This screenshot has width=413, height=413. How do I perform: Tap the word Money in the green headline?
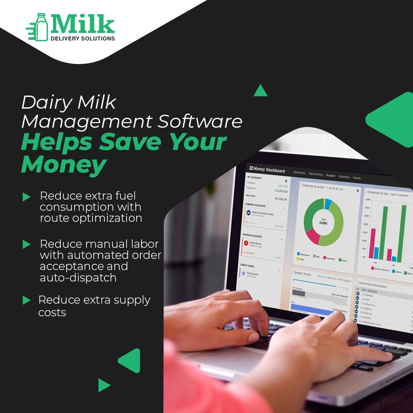[63, 165]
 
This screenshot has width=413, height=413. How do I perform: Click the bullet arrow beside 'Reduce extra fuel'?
[26, 197]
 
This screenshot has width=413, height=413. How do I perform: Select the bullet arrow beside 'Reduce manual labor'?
[26, 244]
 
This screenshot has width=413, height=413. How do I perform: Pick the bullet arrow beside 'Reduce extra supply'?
[26, 300]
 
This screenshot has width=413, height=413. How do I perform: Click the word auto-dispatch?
[78, 278]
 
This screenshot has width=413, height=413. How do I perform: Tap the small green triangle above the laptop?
[260, 91]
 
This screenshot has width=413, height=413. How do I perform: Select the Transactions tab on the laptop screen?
[315, 174]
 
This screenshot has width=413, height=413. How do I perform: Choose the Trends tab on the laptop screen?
[356, 178]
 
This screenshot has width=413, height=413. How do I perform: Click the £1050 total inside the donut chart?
[324, 223]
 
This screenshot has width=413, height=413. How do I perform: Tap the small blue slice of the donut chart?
[328, 204]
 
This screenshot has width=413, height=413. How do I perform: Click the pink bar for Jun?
[372, 244]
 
